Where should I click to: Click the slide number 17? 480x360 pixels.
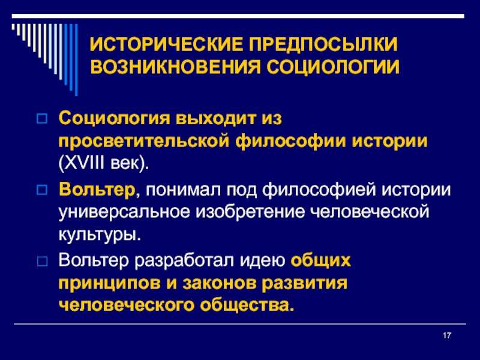tap(448, 334)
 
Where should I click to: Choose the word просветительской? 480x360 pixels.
tap(140, 140)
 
